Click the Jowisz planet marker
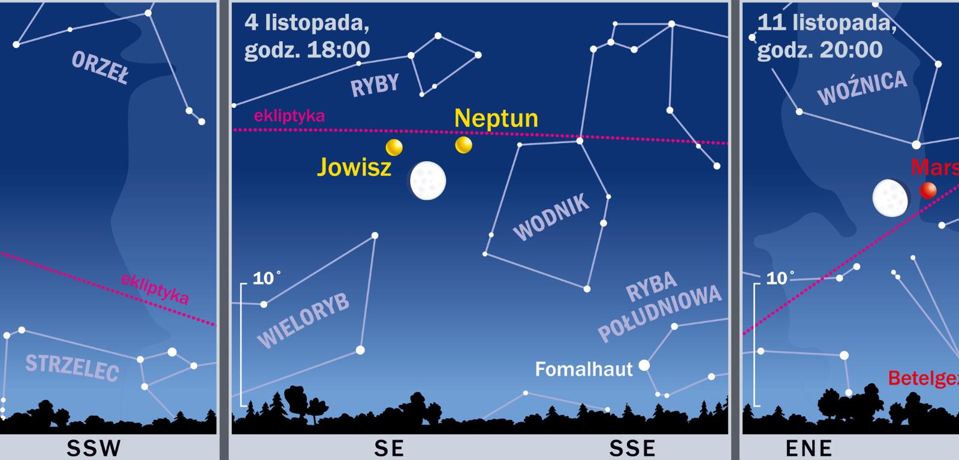(x=394, y=147)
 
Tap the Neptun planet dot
(x=463, y=145)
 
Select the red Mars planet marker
(x=928, y=190)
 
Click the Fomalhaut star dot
(x=644, y=365)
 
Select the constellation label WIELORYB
(x=303, y=321)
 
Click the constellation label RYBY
(x=375, y=85)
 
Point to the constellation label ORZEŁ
(x=100, y=68)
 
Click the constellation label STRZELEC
(x=72, y=365)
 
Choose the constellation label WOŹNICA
(x=862, y=88)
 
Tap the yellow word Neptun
(x=496, y=118)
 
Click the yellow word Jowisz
(x=354, y=167)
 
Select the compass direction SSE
(x=632, y=447)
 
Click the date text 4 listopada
(x=306, y=24)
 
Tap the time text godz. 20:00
(x=820, y=50)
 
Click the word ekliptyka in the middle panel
(x=289, y=116)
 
